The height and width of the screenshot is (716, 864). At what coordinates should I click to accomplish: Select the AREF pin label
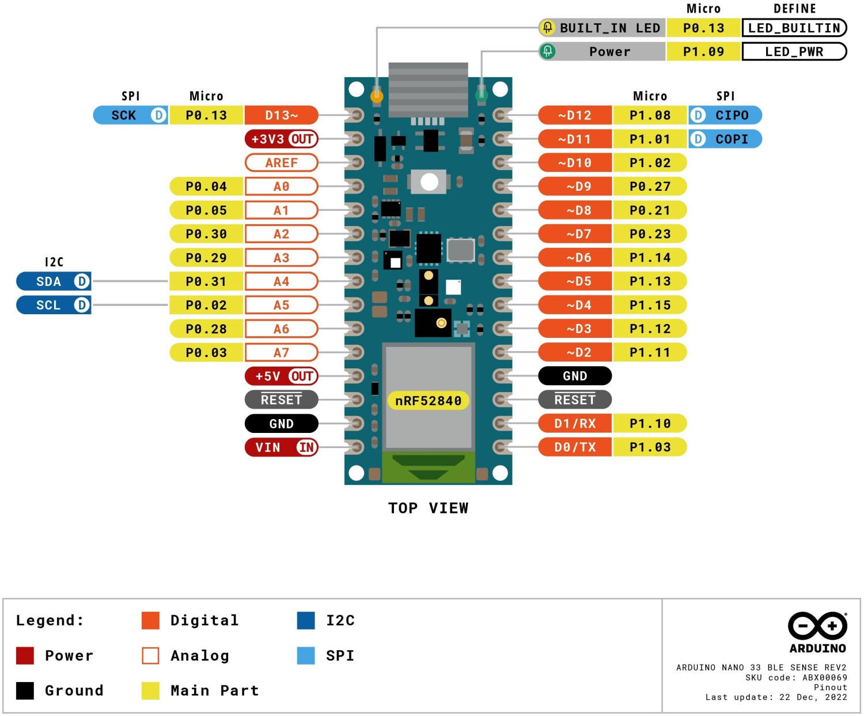(281, 163)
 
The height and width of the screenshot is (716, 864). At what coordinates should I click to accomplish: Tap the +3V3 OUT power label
(281, 139)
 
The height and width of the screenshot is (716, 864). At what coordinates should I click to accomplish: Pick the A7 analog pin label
(281, 352)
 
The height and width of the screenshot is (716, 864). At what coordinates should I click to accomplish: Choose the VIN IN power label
(281, 447)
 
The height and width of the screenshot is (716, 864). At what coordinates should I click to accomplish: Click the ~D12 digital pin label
(575, 115)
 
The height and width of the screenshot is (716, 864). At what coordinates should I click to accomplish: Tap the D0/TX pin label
(575, 447)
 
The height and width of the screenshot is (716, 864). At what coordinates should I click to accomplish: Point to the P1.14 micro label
(650, 258)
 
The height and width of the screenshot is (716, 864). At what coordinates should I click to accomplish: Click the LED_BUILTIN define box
(794, 28)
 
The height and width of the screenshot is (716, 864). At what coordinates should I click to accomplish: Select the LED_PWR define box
(794, 51)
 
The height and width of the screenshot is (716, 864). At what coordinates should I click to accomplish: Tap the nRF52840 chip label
(428, 401)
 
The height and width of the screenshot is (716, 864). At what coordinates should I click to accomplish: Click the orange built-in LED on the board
(377, 96)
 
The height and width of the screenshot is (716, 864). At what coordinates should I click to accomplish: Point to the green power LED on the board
(482, 95)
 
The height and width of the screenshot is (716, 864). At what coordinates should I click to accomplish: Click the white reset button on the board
(429, 182)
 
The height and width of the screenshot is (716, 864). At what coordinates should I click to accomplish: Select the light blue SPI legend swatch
(306, 655)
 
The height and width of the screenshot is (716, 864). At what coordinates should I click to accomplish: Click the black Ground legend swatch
(25, 691)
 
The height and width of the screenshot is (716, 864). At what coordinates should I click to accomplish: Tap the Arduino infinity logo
(817, 626)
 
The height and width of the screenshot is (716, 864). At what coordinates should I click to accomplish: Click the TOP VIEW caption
(428, 508)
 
